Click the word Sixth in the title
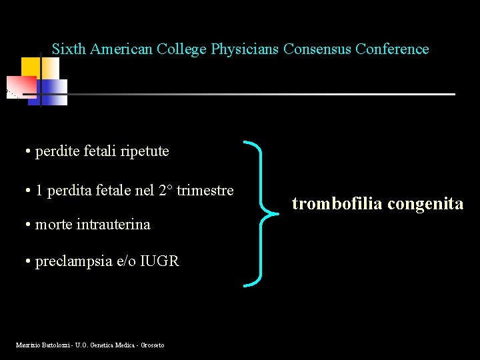coord(69,49)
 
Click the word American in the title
coord(121,49)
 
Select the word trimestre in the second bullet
coord(205,191)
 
